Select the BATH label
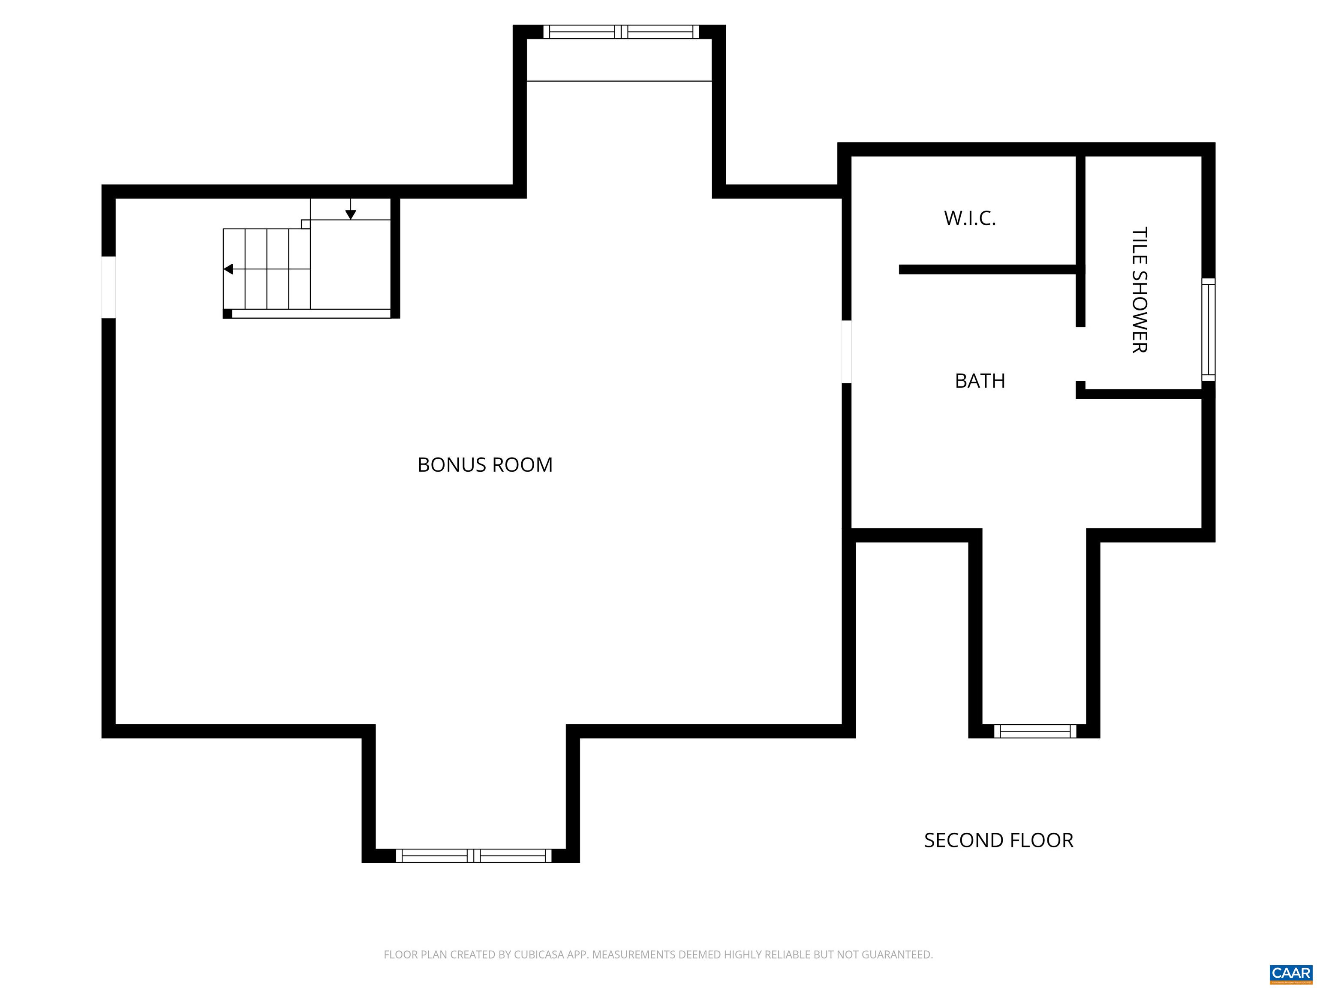point(980,380)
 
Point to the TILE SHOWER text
point(1139,290)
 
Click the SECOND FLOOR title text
point(998,840)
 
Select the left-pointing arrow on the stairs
point(229,269)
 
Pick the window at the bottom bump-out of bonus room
point(473,856)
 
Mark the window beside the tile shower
point(1208,329)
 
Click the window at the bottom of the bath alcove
point(1035,731)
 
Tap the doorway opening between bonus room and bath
point(846,351)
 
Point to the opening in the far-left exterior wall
point(108,287)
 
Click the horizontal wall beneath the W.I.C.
point(988,270)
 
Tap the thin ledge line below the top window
point(619,81)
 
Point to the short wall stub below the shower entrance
point(1080,389)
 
